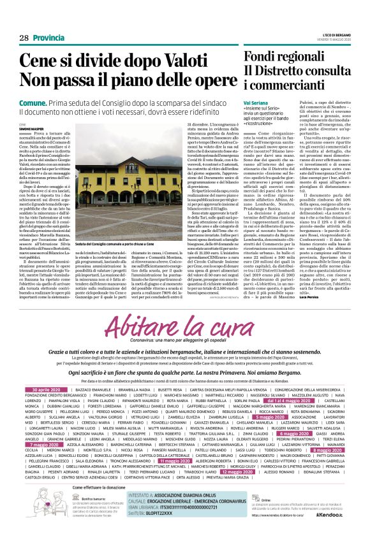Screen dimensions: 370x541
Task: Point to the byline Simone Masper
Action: pyautogui.click(x=31, y=128)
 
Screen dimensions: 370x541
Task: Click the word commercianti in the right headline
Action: pyautogui.click(x=285, y=83)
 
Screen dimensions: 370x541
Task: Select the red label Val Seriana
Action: pyautogui.click(x=256, y=101)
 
